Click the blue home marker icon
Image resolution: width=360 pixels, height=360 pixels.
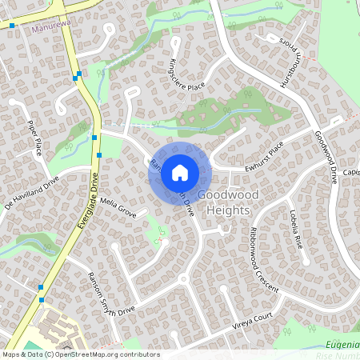tap(180, 172)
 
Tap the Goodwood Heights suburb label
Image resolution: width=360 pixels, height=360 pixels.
tap(223, 202)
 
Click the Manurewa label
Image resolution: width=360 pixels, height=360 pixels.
tap(46, 28)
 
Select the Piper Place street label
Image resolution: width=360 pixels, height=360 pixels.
tap(34, 138)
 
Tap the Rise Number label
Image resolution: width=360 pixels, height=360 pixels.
tap(337, 354)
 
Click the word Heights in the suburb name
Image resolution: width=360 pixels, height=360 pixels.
tap(224, 210)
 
